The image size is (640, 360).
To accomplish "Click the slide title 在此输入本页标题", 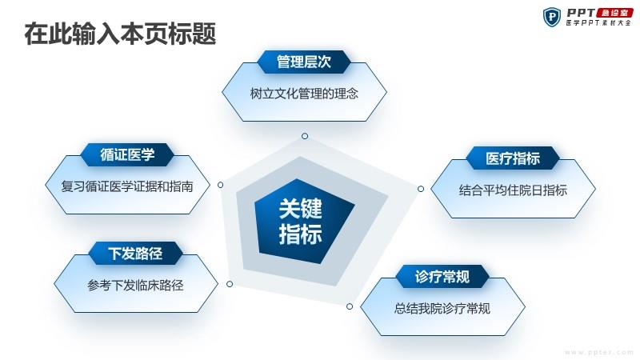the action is tap(120, 34).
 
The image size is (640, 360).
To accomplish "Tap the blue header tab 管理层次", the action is tap(304, 62).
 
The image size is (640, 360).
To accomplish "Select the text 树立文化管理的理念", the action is tap(304, 94).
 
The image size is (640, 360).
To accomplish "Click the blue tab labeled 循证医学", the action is tap(127, 154).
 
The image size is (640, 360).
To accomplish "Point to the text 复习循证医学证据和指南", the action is tap(127, 186).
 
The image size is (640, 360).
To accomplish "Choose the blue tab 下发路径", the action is tap(135, 254).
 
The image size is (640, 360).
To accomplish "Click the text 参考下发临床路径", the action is tap(135, 286).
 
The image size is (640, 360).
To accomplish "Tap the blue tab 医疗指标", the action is tap(513, 158).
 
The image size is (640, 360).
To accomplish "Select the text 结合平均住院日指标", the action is tap(513, 190).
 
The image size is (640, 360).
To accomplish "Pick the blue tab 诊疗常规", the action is tap(442, 277).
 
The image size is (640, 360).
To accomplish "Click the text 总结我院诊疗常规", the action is tap(442, 308).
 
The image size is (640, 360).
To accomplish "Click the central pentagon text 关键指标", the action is tap(301, 222).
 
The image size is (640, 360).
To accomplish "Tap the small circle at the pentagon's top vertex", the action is tap(305, 136).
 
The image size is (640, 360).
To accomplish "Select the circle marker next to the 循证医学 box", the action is tap(221, 185).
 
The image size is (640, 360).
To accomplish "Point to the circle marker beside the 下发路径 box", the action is tap(230, 284).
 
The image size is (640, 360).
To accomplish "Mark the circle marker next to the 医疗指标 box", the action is tap(421, 189).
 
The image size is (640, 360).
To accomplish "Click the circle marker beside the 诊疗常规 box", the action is tap(350, 306).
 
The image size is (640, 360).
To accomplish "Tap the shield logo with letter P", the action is tap(552, 17).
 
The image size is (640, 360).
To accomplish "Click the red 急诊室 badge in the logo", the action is tap(614, 13).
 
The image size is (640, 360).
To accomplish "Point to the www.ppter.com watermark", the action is tap(599, 352).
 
